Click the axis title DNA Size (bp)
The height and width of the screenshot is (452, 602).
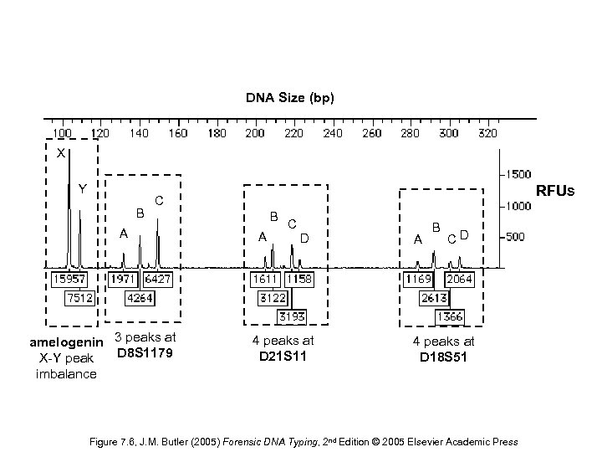[x=290, y=98]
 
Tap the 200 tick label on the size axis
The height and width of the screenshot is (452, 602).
[x=255, y=133]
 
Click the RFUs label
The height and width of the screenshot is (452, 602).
[x=555, y=192]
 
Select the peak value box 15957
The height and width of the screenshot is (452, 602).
[x=69, y=278]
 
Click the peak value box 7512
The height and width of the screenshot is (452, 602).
[x=81, y=297]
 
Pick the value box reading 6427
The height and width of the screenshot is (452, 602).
[x=158, y=278]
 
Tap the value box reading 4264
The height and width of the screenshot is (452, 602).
[x=141, y=297]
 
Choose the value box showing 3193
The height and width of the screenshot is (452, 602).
[x=292, y=316]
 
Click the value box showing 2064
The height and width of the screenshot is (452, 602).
[x=460, y=278]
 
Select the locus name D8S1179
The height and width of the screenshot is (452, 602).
[x=145, y=353]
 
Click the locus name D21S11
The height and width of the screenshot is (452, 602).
[x=283, y=357]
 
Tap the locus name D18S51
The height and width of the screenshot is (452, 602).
[x=443, y=357]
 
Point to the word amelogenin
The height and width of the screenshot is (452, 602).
[x=66, y=342]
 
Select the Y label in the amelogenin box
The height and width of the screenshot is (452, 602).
[x=82, y=188]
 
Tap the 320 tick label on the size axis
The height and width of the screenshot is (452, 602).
[x=487, y=133]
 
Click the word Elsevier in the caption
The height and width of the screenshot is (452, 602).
[x=426, y=442]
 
